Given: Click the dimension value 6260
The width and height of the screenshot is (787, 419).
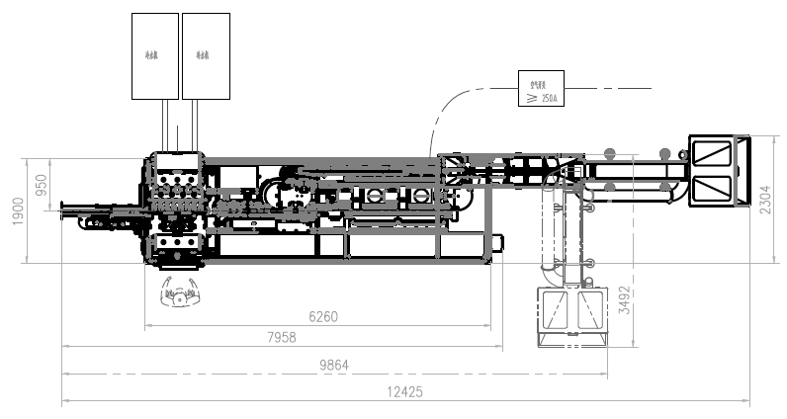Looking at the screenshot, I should pos(323,317).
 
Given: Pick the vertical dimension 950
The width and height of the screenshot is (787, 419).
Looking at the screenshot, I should pos(42,185).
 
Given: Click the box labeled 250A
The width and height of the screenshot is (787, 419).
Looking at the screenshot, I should pos(541,89).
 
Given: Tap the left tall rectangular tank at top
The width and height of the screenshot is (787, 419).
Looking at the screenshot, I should pos(155,55).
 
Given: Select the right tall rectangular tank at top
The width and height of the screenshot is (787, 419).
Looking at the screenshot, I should pos(206,55).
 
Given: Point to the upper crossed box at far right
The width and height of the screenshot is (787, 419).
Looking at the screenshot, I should pos(712,153).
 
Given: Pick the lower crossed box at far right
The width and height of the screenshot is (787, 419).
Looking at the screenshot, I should pos(712,187).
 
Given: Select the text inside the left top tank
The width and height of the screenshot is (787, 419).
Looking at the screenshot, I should pos(155,55).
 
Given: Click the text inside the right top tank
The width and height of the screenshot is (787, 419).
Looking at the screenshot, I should pos(206,55).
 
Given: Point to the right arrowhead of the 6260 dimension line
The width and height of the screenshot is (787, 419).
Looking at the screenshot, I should pos(490,326).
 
